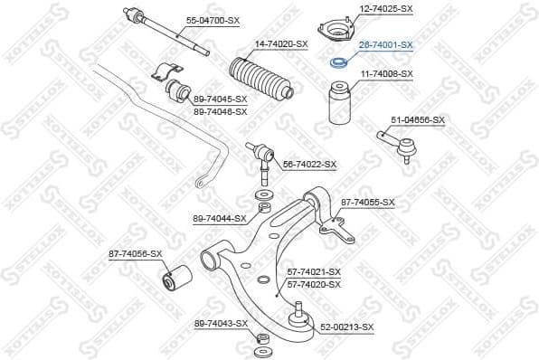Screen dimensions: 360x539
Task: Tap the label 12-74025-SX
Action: click(x=386, y=8)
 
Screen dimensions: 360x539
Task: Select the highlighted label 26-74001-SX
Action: click(x=386, y=43)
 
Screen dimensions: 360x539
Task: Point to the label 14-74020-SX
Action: click(x=281, y=43)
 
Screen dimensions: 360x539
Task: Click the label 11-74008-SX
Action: click(x=387, y=73)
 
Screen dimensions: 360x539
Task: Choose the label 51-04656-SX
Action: click(x=418, y=119)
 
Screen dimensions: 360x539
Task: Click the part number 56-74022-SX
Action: click(x=310, y=164)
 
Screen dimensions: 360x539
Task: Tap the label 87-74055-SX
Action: click(x=368, y=203)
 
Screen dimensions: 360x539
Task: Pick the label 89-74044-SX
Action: click(x=220, y=218)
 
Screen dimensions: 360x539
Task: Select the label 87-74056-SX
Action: click(x=136, y=254)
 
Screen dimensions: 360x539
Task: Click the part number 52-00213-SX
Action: click(x=347, y=327)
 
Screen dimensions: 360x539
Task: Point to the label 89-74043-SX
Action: click(x=221, y=323)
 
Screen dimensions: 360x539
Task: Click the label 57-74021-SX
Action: click(x=314, y=271)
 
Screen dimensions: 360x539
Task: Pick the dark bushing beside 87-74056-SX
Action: click(x=175, y=275)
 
